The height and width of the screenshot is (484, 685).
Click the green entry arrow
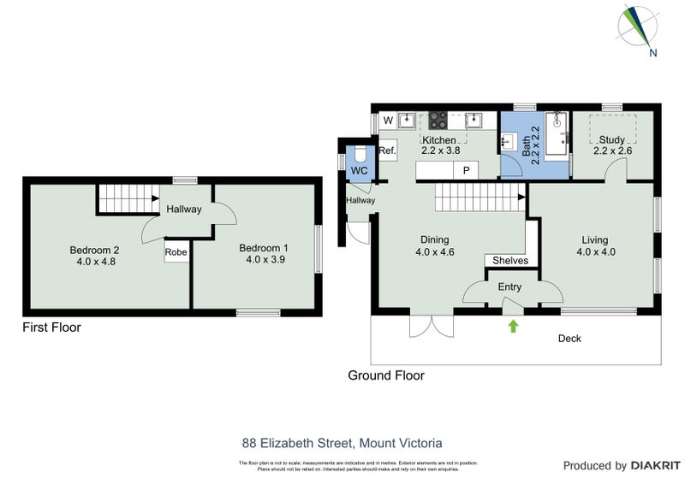coord(513,325)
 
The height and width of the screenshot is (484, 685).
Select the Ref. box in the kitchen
coord(387,151)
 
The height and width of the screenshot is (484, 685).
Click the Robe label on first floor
coord(176,252)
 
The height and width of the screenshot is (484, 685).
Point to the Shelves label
coord(510,261)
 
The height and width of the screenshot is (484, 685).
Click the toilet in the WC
coord(360,154)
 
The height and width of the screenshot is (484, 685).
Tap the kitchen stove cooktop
coord(439,121)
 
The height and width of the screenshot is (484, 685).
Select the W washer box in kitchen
coord(388,120)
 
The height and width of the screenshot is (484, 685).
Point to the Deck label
coord(569,339)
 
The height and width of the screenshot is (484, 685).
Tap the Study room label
coord(612,139)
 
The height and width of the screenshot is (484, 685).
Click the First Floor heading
coord(51,327)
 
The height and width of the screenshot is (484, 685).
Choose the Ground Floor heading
coord(385,375)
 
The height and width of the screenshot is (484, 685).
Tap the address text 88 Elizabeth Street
coord(299,443)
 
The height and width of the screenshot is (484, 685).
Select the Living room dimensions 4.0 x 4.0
coord(596,252)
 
